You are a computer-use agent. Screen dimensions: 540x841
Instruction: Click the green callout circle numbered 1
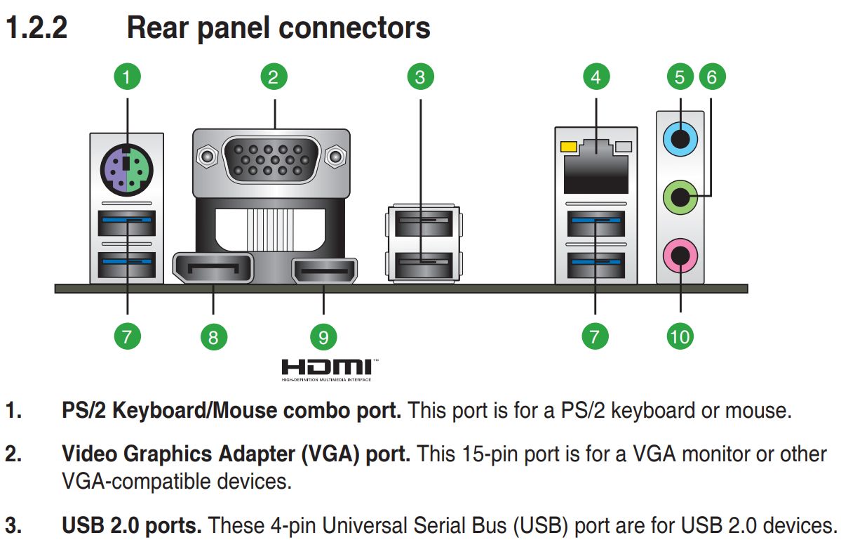pyautogui.click(x=127, y=77)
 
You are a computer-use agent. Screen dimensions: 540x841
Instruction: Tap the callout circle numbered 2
pyautogui.click(x=274, y=77)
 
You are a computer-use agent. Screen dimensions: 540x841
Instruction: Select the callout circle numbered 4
pyautogui.click(x=596, y=77)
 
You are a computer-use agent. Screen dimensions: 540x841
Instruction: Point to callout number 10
pyautogui.click(x=680, y=336)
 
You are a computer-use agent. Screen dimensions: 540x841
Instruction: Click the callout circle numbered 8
pyautogui.click(x=213, y=337)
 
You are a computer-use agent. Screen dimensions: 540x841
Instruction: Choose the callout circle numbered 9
pyautogui.click(x=323, y=337)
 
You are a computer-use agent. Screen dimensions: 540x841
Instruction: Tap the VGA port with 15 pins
pyautogui.click(x=271, y=160)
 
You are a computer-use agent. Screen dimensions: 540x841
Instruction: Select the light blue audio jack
pyautogui.click(x=680, y=140)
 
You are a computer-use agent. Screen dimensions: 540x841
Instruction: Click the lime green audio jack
pyautogui.click(x=680, y=198)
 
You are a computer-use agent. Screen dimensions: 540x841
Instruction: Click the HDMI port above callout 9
pyautogui.click(x=324, y=271)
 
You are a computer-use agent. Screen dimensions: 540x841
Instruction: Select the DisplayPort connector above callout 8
pyautogui.click(x=213, y=269)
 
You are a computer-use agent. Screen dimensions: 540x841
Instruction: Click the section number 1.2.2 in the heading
pyautogui.click(x=36, y=28)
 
